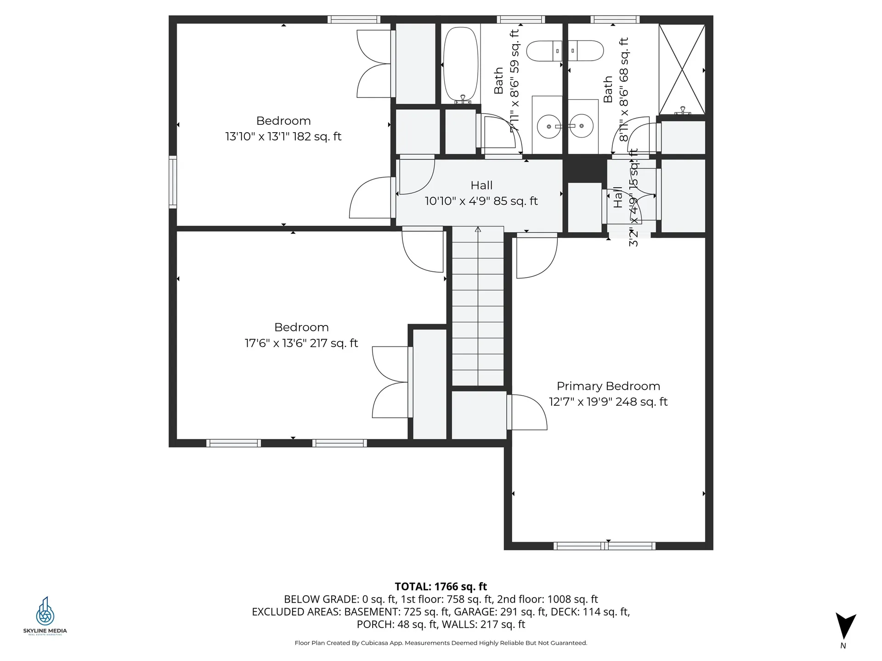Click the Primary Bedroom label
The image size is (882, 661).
point(608,386)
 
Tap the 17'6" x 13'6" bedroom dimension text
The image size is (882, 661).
point(301,343)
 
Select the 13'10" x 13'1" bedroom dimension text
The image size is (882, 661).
point(283,136)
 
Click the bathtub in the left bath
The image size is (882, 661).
point(461,64)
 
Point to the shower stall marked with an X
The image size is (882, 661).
point(682,69)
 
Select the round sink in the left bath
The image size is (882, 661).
point(549,126)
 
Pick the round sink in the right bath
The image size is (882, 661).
point(581,126)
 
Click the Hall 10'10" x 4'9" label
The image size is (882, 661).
point(481,193)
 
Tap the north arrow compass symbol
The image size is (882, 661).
point(845,626)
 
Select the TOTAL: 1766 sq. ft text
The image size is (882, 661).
point(441,586)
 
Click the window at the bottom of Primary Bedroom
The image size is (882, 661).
point(604,546)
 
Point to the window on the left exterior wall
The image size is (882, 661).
point(173,182)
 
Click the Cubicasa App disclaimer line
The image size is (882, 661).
point(441,643)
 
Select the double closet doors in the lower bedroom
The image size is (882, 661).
point(390,382)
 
